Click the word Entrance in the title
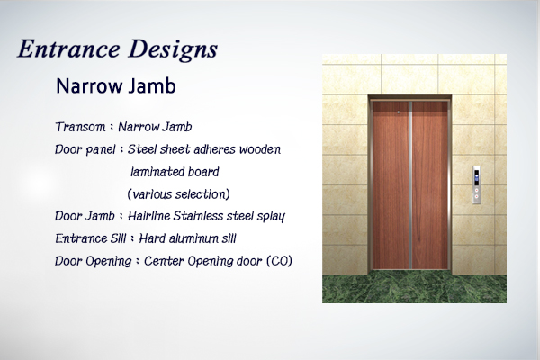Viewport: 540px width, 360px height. pos(69,49)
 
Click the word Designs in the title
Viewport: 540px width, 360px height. pos(173,50)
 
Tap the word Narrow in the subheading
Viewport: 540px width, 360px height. pos(89,86)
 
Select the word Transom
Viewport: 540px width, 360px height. pos(80,127)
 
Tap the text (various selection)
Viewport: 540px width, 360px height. pos(178,194)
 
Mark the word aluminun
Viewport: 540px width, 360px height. pos(188,238)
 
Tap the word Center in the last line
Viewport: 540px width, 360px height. pos(164,261)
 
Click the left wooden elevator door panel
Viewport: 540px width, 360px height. pos(391,184)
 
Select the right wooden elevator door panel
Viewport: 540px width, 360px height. pos(429,184)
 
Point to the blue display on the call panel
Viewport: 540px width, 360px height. pos(477,178)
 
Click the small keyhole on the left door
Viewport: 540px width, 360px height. pos(399,112)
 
